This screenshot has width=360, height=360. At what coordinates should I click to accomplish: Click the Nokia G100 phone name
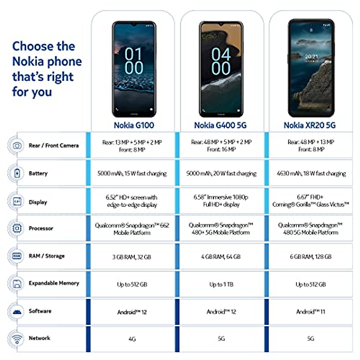tap(134, 125)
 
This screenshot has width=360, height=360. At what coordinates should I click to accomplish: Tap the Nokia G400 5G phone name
tap(220, 125)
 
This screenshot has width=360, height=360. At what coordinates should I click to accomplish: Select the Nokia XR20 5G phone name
tap(310, 125)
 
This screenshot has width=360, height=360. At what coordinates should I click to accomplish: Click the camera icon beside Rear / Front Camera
tap(17, 146)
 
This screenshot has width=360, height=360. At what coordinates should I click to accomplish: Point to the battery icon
tap(17, 173)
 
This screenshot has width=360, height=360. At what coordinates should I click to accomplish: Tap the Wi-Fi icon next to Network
tap(17, 338)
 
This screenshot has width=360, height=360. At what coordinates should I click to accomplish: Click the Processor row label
tap(41, 228)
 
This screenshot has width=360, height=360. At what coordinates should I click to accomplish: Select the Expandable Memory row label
tap(54, 283)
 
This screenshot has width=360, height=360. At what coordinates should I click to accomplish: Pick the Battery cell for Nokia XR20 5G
tap(311, 173)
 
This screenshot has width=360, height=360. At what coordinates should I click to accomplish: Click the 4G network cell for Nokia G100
tap(132, 339)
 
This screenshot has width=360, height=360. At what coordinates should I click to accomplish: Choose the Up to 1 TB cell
tap(221, 284)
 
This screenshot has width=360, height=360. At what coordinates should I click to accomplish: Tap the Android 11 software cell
tap(310, 312)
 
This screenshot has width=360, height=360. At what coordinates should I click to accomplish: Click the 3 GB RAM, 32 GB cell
tap(132, 257)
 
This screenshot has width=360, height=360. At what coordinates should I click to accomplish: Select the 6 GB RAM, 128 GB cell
tap(310, 257)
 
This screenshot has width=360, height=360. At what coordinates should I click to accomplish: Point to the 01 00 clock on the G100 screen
tap(133, 61)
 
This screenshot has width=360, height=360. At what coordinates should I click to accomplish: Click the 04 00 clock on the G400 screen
tap(221, 61)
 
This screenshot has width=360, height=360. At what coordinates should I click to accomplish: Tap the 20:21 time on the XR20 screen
tap(311, 57)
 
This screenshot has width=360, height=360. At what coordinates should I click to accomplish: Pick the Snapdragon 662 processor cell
tap(132, 229)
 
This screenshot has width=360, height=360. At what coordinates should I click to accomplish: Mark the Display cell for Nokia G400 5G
tap(221, 201)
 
